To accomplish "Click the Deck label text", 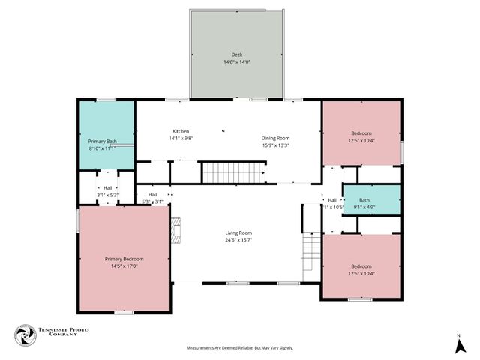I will pos(237,55).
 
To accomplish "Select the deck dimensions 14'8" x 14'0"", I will pos(237,61).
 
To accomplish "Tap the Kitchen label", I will pos(181,131).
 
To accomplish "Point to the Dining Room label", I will pos(275,138).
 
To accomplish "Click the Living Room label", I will pos(238,232).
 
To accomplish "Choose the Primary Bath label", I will pos(102,142).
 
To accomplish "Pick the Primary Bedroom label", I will pos(124,258).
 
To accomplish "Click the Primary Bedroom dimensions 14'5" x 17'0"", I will pos(124,265).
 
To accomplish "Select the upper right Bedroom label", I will pos(361,133).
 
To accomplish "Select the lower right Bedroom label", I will pos(361,265).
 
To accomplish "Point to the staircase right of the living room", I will pos(311,255).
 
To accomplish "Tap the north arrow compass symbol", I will pos(458,346).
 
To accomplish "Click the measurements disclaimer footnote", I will pos(240,348).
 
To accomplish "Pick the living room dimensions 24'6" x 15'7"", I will pos(238,240).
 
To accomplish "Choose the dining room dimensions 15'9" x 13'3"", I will pos(275,145).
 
